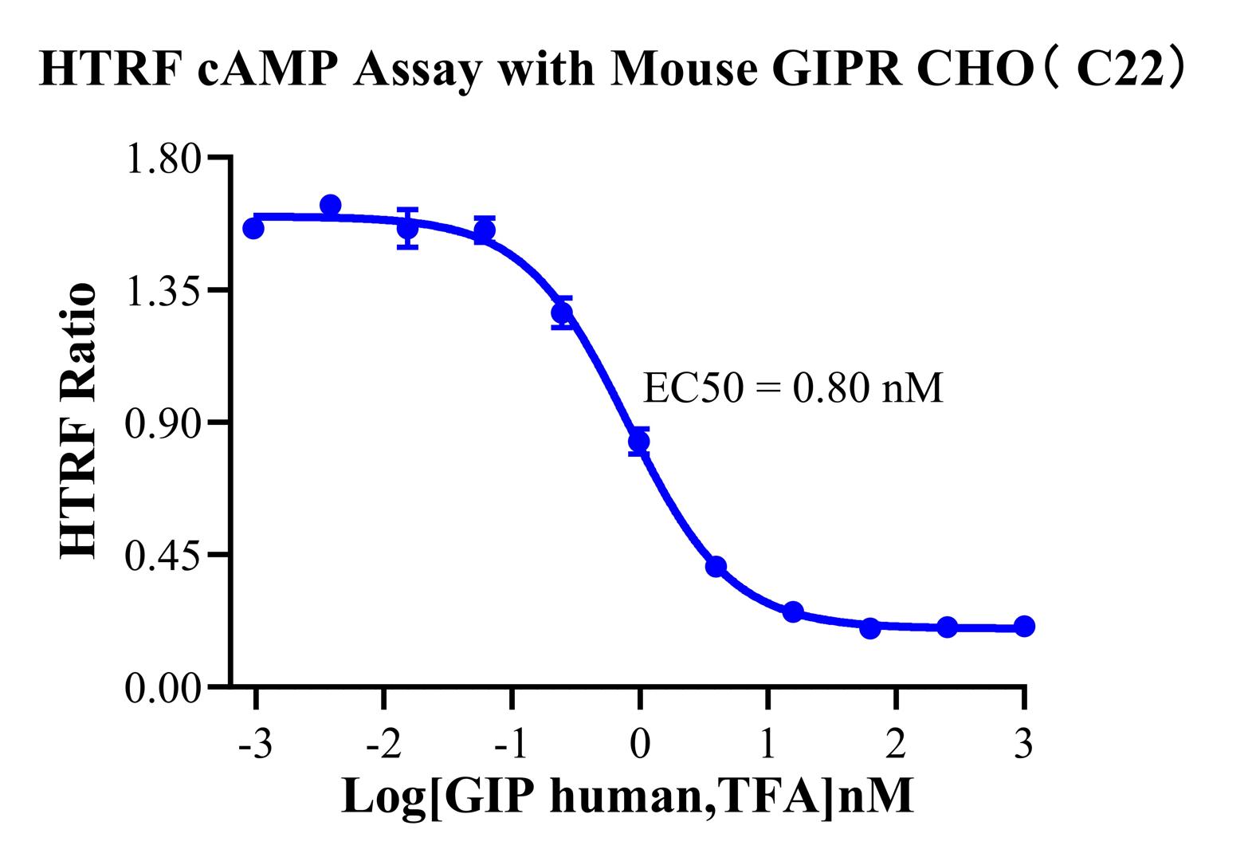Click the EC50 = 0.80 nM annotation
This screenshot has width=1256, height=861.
coord(792,389)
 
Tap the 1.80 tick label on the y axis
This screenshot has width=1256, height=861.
coord(163,158)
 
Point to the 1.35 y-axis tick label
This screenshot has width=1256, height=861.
coord(163,290)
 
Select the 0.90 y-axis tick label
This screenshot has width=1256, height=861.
coord(163,423)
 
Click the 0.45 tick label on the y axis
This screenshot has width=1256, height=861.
coord(163,555)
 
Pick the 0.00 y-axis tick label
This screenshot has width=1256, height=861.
coord(163,687)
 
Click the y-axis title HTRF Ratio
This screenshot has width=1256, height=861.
coord(79,421)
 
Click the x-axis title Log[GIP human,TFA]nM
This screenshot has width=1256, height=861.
coord(627,796)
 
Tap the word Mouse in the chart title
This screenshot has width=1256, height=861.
coord(685,70)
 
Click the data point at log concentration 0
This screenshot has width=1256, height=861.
coord(639,441)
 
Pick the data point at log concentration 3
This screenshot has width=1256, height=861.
coord(1024,627)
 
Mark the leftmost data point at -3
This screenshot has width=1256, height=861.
coord(253,229)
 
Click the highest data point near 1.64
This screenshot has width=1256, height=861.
coord(331,206)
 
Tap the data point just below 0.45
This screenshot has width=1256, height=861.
coord(716,567)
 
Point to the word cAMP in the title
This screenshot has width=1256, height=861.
coord(282,70)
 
